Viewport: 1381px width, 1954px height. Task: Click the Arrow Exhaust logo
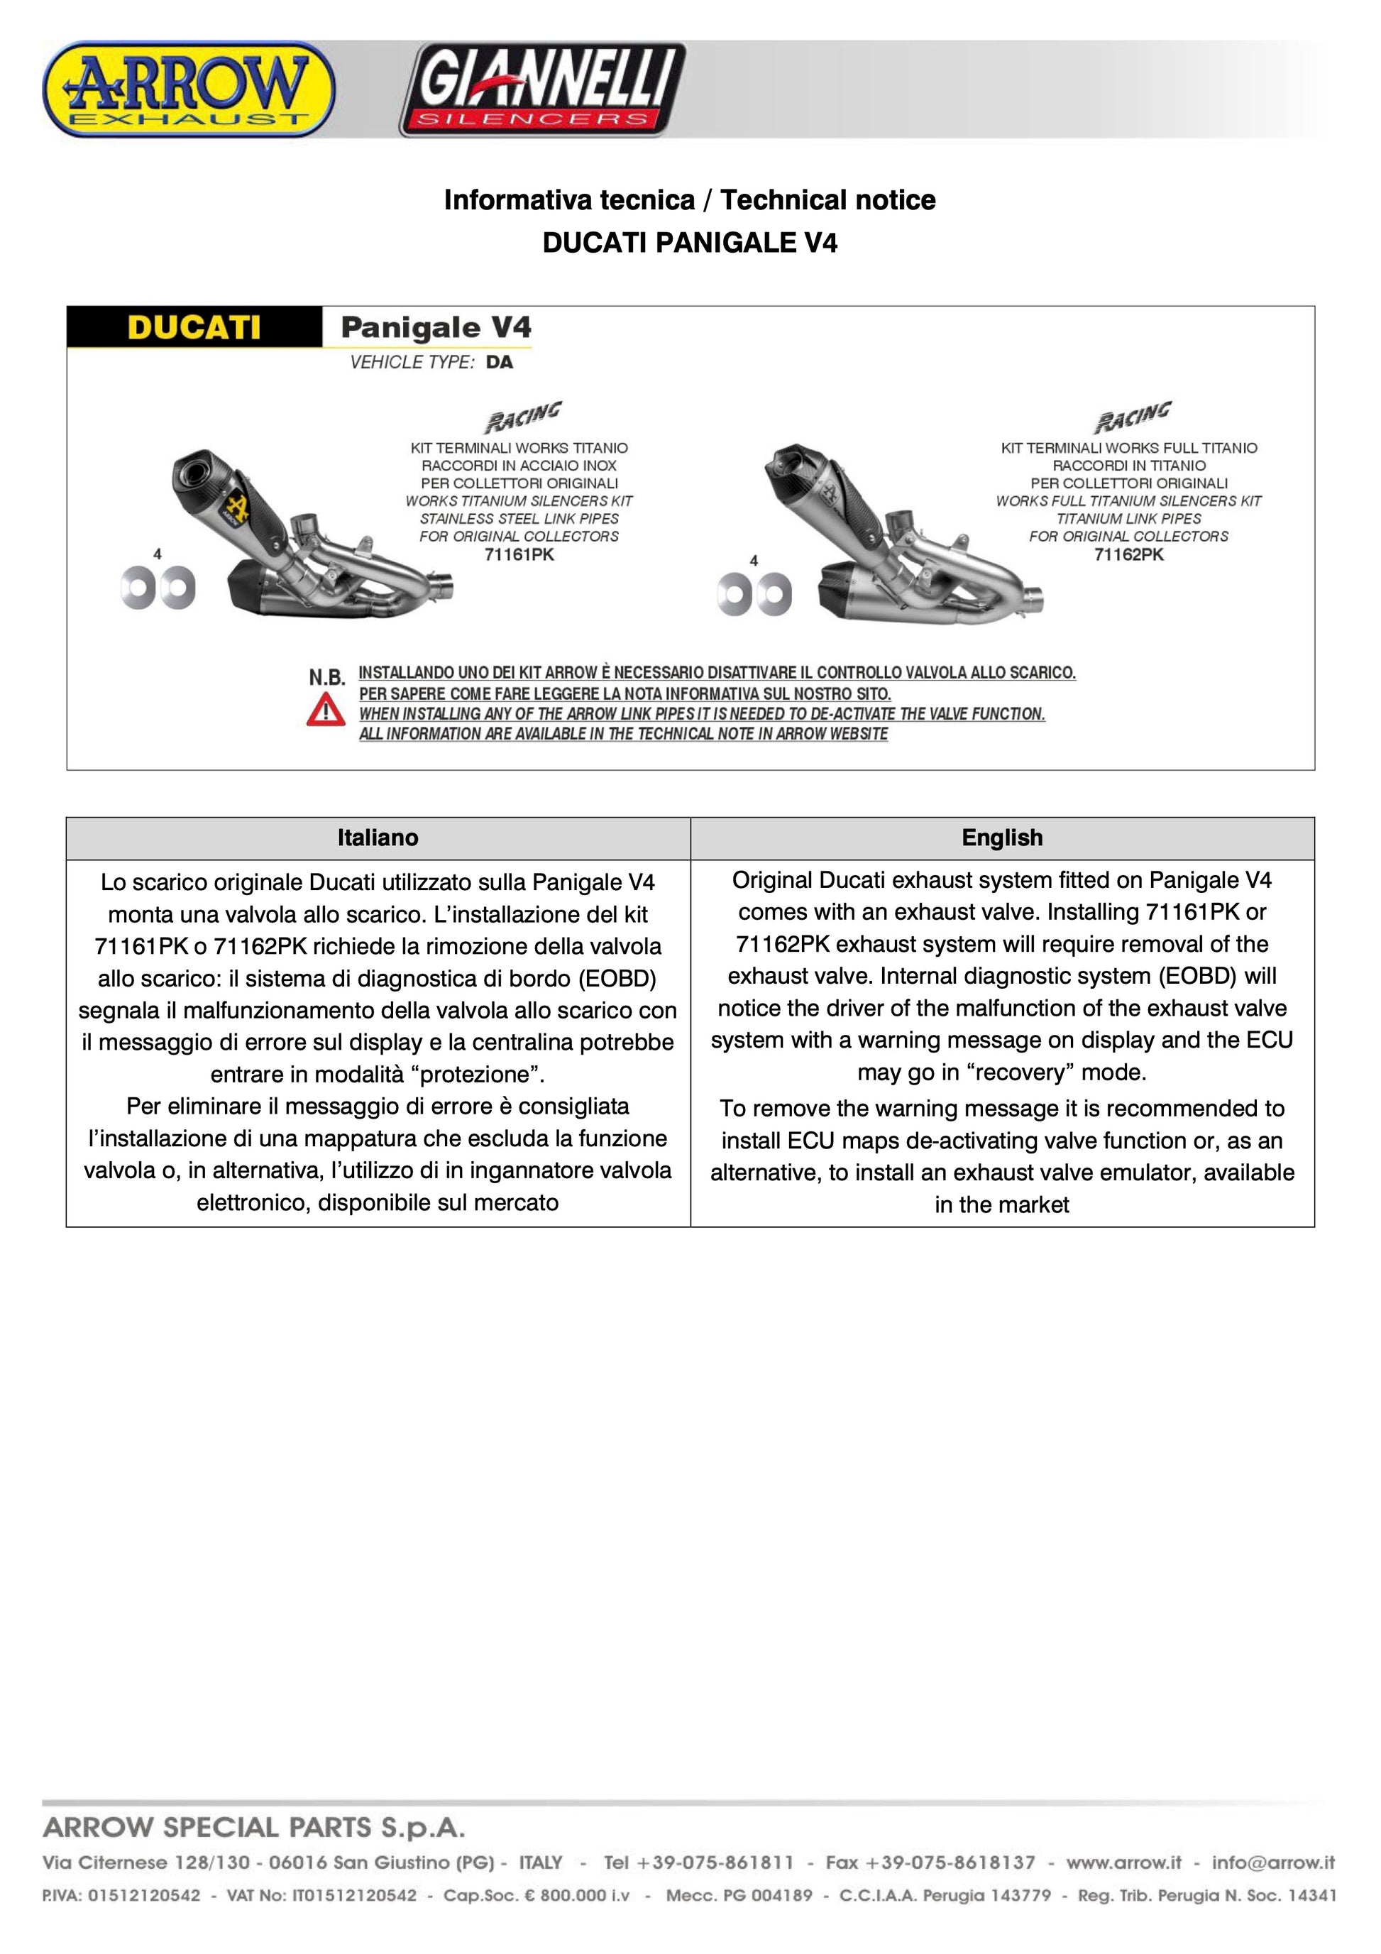tap(188, 90)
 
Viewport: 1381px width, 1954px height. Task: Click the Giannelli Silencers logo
tap(543, 90)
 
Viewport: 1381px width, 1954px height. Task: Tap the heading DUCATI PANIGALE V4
tap(689, 243)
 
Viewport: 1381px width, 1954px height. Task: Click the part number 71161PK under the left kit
tap(518, 555)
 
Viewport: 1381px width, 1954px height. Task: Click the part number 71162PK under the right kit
tap(1128, 555)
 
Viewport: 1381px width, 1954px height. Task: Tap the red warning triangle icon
tap(326, 710)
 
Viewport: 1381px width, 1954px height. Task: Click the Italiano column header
tap(378, 838)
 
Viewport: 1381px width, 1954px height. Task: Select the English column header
tap(1001, 838)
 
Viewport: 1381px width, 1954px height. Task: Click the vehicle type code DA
tap(500, 363)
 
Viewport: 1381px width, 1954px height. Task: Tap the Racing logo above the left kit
tap(522, 417)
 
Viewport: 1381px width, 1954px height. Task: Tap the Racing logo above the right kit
tap(1132, 417)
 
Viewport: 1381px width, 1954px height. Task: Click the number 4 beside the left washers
tap(158, 554)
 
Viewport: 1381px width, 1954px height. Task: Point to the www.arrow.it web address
tap(1123, 1863)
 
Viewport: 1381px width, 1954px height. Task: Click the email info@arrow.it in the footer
tap(1273, 1863)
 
